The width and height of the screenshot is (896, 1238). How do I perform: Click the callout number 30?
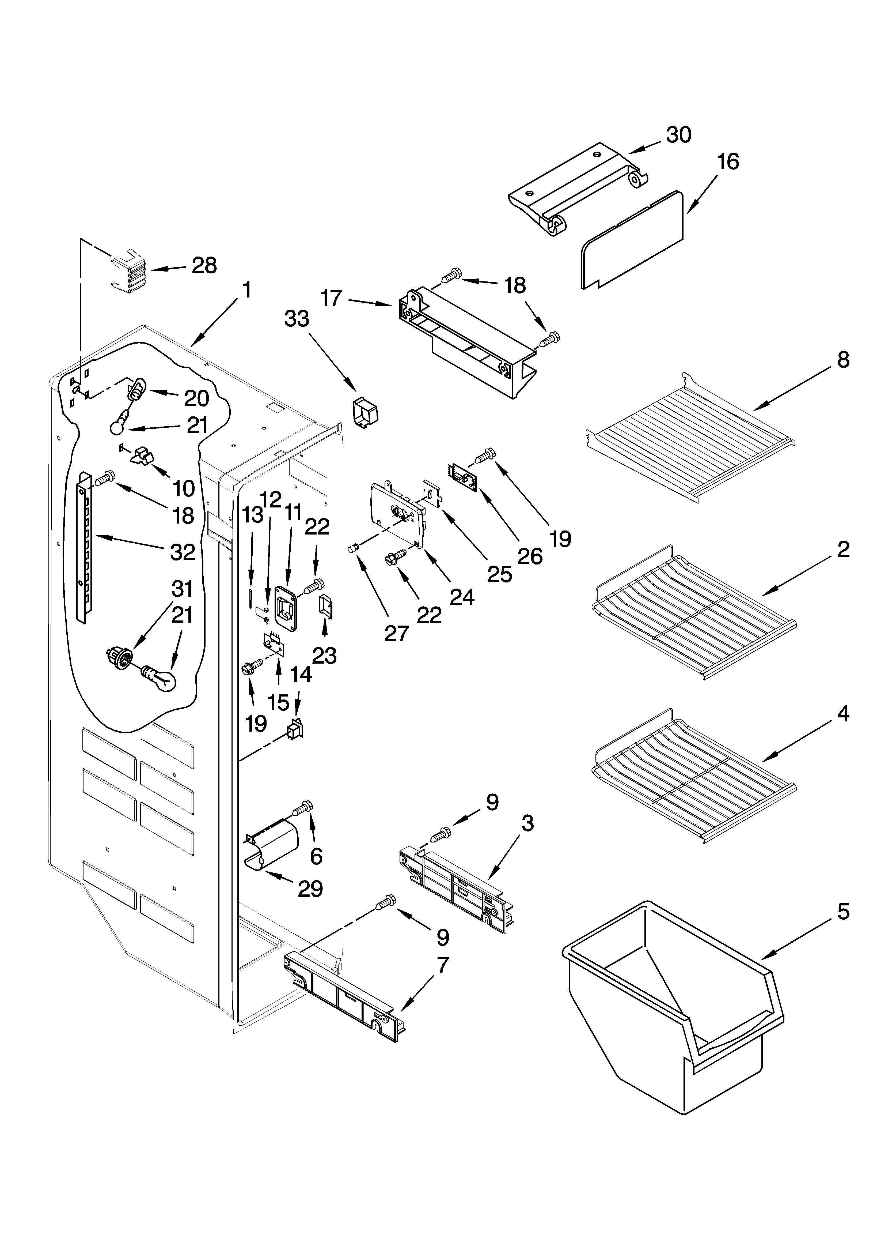tap(679, 135)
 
